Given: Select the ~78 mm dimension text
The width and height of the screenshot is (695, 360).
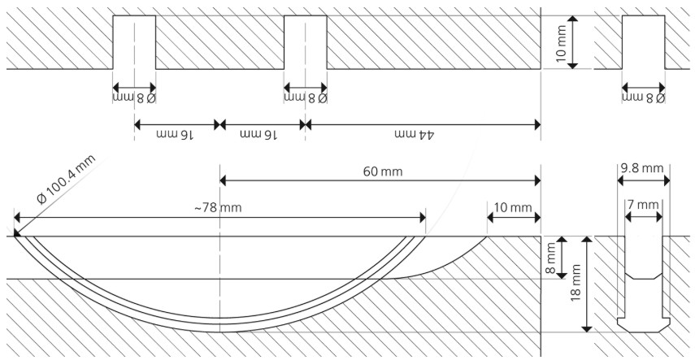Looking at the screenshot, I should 218,208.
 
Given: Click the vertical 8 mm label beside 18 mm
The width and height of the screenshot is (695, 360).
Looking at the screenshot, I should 550,258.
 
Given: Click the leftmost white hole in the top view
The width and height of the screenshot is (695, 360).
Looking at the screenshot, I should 133,42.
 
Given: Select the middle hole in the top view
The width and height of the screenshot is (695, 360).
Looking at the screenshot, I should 305,42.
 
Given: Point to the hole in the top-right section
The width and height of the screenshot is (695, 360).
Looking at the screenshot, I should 644,42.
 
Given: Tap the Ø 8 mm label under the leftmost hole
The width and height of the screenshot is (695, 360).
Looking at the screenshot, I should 133,98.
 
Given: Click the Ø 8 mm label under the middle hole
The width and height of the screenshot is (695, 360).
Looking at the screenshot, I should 306,98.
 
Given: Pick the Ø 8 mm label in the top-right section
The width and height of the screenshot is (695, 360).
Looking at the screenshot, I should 644,98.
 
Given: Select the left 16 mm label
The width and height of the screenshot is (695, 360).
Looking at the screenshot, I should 174,135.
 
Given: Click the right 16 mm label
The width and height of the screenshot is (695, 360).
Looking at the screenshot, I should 259,135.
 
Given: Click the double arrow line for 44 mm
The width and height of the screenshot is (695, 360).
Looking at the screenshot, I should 423,124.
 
